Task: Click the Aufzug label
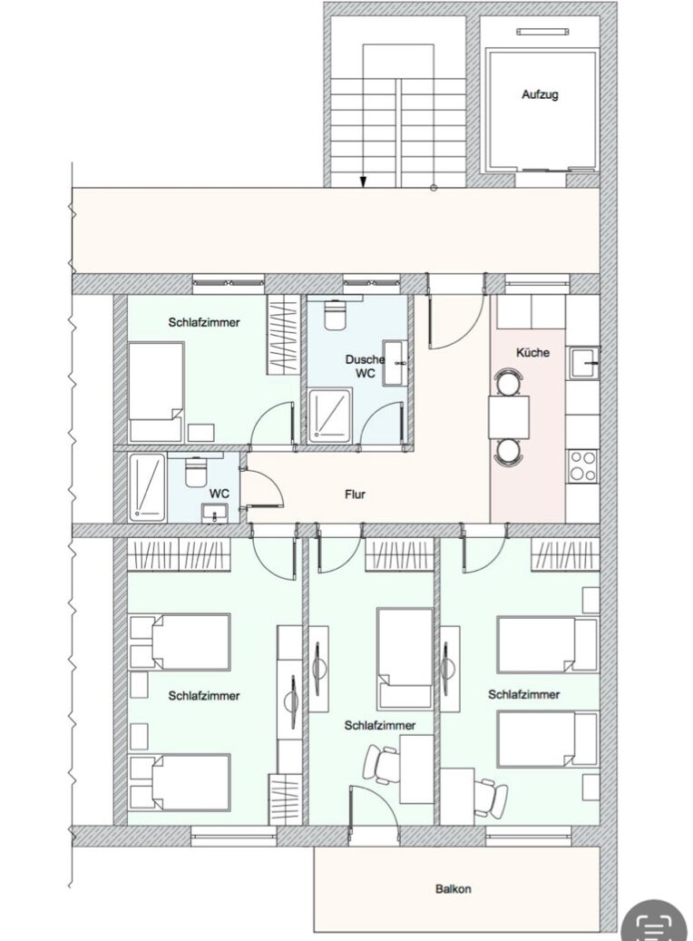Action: click(x=540, y=94)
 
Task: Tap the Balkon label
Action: click(x=453, y=888)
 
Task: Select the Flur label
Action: click(x=355, y=495)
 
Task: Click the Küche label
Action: click(x=532, y=352)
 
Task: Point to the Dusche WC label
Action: click(x=365, y=366)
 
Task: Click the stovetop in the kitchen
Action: click(x=583, y=466)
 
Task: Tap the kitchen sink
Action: click(x=584, y=363)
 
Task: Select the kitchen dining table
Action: click(x=509, y=417)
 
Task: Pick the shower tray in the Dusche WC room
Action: click(x=330, y=417)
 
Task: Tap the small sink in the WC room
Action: click(x=213, y=513)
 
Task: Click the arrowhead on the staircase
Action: click(x=363, y=181)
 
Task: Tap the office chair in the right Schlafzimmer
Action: click(x=491, y=796)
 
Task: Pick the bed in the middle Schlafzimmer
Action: click(x=405, y=659)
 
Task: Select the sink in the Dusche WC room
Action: click(x=395, y=362)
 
